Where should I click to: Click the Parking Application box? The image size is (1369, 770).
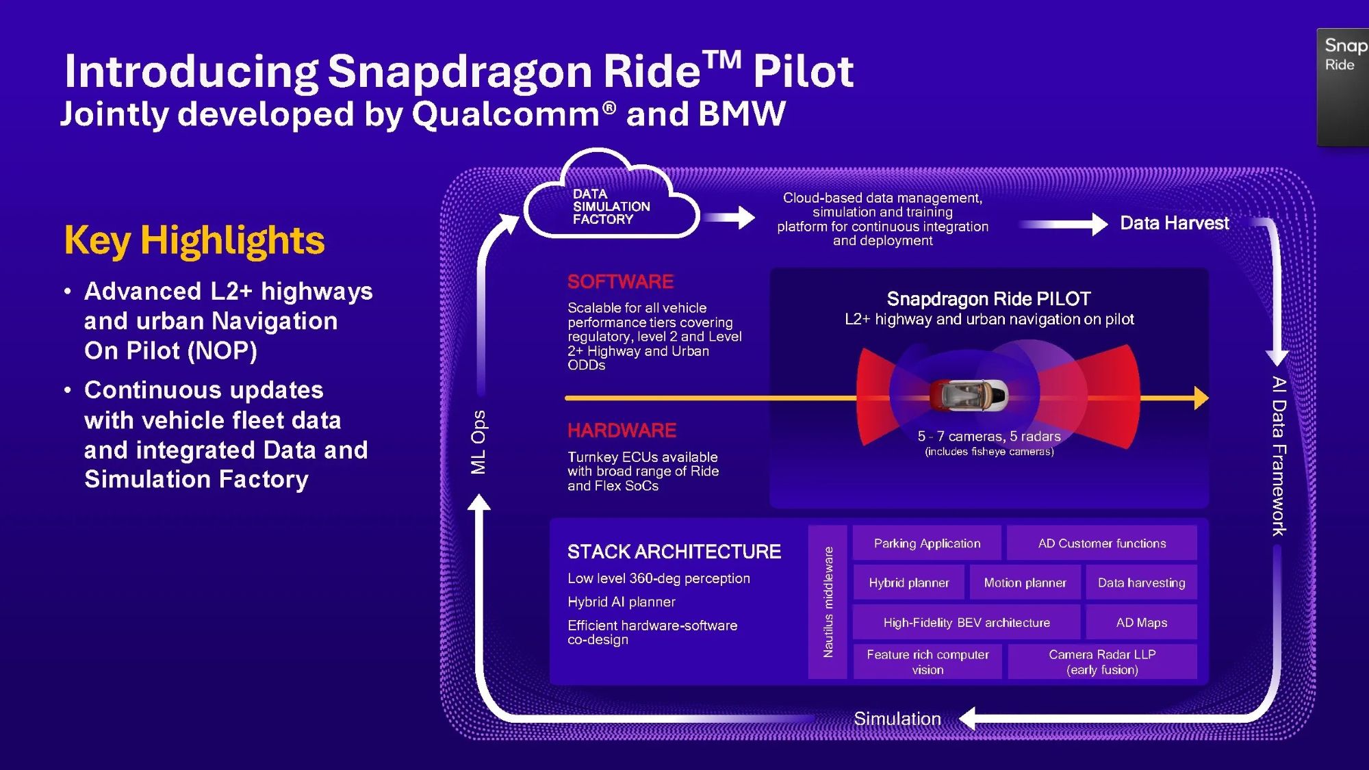927,543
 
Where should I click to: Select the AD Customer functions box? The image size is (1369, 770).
1102,543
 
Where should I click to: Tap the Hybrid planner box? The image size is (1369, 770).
909,582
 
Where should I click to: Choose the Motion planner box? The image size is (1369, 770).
1025,582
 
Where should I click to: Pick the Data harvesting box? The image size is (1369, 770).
1141,582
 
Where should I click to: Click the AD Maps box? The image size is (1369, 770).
1141,622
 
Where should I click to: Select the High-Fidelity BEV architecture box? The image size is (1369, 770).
967,622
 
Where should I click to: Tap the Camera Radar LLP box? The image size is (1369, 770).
1102,662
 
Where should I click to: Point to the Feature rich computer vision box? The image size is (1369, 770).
927,662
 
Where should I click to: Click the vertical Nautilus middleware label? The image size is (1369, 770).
828,602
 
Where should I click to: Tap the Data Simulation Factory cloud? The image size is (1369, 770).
611,195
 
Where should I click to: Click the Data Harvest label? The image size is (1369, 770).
1175,223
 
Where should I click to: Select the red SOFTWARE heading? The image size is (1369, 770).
620,281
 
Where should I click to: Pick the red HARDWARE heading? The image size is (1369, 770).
622,430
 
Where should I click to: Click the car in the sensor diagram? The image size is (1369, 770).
969,395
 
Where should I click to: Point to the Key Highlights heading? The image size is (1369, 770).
194,241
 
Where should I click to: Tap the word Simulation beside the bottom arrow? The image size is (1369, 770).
897,719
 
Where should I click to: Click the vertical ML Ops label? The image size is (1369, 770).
478,442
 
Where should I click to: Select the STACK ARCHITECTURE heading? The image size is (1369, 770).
674,552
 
